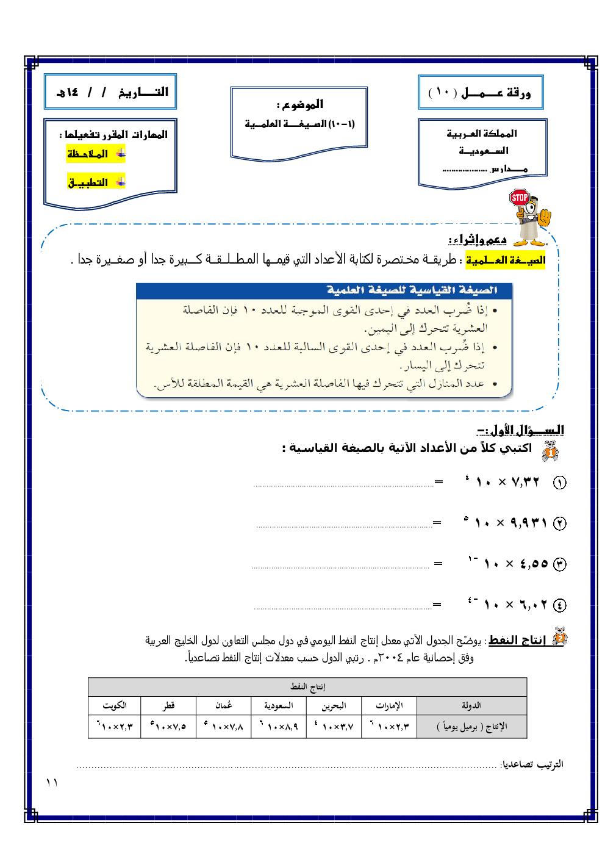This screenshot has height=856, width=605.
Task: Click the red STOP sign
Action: pyautogui.click(x=519, y=198)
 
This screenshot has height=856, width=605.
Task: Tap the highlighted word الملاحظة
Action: pyautogui.click(x=88, y=154)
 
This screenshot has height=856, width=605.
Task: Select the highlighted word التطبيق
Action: pyautogui.click(x=88, y=182)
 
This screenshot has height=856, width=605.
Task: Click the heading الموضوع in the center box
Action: pyautogui.click(x=300, y=104)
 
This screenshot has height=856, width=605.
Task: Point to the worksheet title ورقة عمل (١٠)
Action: pyautogui.click(x=480, y=93)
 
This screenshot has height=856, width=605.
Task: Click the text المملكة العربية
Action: pyautogui.click(x=482, y=134)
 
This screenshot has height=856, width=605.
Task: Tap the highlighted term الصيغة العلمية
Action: pyautogui.click(x=506, y=261)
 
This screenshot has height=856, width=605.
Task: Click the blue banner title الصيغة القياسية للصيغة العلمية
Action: pyautogui.click(x=412, y=290)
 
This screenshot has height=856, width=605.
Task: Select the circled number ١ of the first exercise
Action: pyautogui.click(x=559, y=483)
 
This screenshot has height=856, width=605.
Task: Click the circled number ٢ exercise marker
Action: pyautogui.click(x=559, y=523)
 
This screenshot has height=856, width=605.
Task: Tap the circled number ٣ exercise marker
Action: pyautogui.click(x=559, y=564)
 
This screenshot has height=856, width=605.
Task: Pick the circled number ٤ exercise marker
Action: pyautogui.click(x=559, y=605)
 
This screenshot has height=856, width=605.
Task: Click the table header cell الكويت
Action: pyautogui.click(x=115, y=705)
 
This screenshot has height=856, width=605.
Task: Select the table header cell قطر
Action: pyautogui.click(x=168, y=705)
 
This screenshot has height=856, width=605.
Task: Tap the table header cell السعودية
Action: pyautogui.click(x=278, y=705)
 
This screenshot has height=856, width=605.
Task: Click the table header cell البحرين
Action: pyautogui.click(x=334, y=705)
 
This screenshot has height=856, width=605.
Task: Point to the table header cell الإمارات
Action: pyautogui.click(x=388, y=705)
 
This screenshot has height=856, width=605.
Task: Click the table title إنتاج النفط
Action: pyautogui.click(x=308, y=687)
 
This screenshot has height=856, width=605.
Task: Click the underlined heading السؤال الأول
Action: pyautogui.click(x=521, y=430)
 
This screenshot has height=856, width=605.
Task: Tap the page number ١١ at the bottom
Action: pyautogui.click(x=52, y=783)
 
